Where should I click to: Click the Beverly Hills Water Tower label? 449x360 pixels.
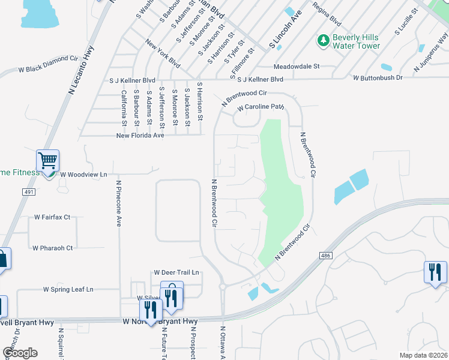click(356, 41)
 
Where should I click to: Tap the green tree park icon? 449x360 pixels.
click(323, 40)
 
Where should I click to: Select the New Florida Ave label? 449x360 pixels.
click(140, 136)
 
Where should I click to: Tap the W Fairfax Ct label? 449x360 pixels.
click(52, 217)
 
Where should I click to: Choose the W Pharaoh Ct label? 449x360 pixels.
click(52, 248)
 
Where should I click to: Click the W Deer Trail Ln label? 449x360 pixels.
click(176, 272)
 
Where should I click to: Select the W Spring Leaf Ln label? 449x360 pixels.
click(68, 289)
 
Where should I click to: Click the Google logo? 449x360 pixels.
click(20, 353)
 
